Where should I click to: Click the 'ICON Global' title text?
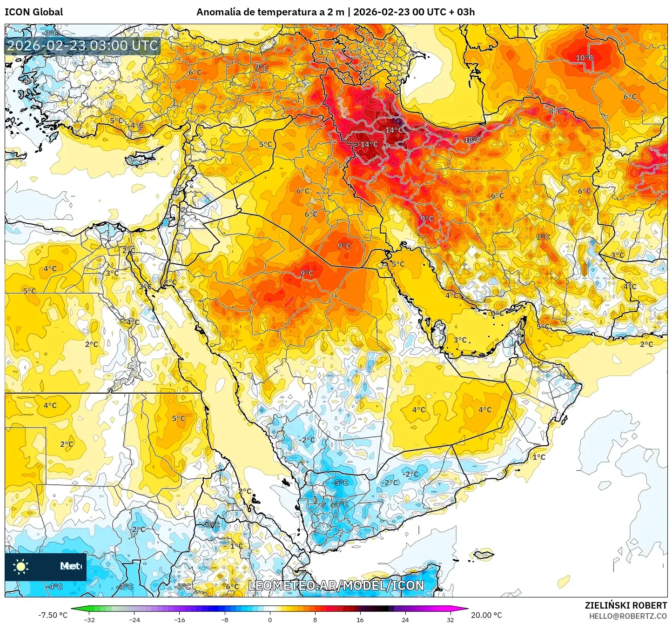coord(34,12)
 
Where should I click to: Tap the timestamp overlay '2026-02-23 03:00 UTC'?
coord(82,46)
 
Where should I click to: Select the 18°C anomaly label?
coord(472,140)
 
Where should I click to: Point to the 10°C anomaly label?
coord(585,58)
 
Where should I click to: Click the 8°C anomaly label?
coord(555,111)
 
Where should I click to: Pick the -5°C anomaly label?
coord(341,483)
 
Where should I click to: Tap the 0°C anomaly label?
coord(497,314)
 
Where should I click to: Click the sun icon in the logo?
coord(21,566)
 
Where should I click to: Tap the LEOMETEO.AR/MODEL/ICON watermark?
coord(336,585)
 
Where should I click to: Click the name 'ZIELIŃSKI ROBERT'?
coord(625,605)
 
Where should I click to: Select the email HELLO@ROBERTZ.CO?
coord(628,616)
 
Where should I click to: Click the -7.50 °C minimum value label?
coord(53,615)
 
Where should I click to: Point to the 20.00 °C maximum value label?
coord(486,615)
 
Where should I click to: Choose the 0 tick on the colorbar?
coord(270,620)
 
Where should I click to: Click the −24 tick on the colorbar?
coord(134,620)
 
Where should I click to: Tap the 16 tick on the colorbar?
coord(360,620)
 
